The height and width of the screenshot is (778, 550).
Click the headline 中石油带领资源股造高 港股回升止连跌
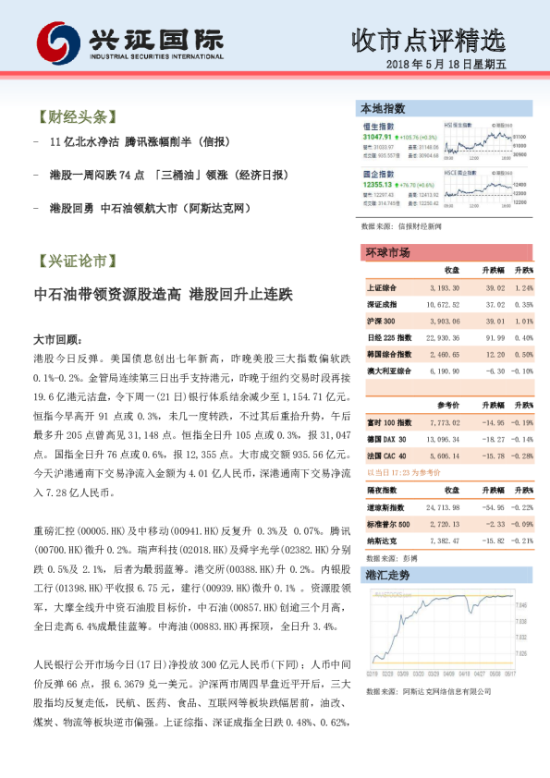point(162,295)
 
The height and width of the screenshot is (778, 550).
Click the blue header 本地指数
point(383,110)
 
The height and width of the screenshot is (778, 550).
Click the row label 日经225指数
point(384,338)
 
